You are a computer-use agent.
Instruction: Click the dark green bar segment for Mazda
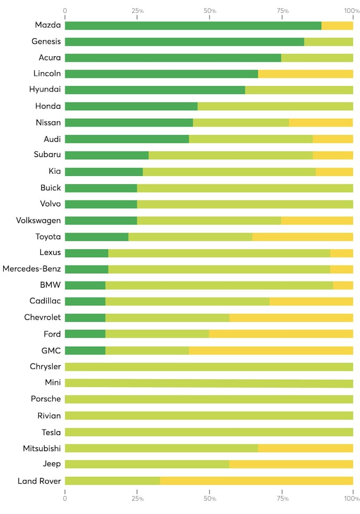tap(193, 25)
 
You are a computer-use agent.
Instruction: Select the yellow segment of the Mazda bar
tap(337, 25)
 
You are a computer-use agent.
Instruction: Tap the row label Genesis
tap(46, 41)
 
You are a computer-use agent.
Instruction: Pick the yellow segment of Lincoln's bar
tap(305, 74)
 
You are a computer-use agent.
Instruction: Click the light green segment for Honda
tap(275, 106)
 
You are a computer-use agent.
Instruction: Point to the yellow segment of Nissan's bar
tap(321, 123)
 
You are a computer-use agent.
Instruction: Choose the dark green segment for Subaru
tap(106, 155)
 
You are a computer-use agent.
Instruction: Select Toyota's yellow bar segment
tap(303, 237)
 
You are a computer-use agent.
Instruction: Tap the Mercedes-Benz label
tap(32, 269)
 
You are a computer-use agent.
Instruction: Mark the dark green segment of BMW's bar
tap(85, 285)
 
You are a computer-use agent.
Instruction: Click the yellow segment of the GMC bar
tap(271, 351)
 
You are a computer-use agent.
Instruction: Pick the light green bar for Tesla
tap(208, 432)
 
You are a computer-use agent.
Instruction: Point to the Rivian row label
tap(48, 416)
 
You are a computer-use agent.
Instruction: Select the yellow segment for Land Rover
tap(256, 481)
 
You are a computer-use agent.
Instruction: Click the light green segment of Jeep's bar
tap(147, 464)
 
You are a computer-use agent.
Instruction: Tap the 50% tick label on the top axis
tap(210, 10)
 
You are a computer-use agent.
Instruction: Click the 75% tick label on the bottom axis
tap(283, 499)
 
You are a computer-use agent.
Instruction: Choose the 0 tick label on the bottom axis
tap(65, 499)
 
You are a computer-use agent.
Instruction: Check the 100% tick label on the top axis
tap(352, 10)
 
